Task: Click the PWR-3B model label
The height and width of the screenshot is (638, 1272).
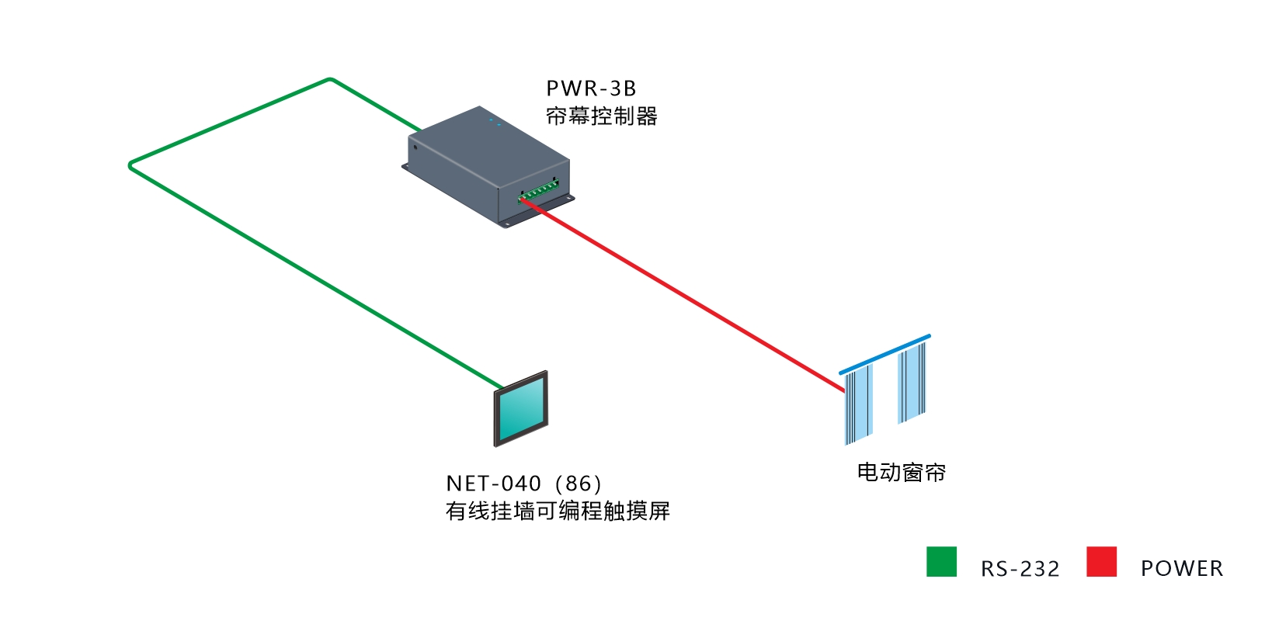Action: [590, 88]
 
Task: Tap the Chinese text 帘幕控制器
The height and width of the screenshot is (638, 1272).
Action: [601, 116]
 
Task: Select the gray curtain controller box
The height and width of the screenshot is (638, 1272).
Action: [488, 167]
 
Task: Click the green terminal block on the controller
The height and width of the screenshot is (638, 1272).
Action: [538, 190]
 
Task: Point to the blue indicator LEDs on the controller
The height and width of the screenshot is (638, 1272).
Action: [495, 122]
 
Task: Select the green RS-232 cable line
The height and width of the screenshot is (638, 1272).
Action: [130, 166]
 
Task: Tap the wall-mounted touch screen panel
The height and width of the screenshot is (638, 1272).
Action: [521, 409]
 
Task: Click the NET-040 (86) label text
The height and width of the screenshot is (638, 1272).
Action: [523, 484]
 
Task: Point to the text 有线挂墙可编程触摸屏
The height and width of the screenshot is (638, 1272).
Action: [558, 511]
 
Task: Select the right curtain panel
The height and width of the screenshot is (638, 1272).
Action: [912, 383]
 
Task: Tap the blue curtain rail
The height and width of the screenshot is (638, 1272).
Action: [884, 354]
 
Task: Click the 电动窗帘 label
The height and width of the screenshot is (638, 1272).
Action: [901, 472]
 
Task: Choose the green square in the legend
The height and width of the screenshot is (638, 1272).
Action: [941, 561]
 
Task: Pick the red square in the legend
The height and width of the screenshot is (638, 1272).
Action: [1102, 561]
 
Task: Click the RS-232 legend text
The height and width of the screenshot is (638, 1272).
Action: [1020, 568]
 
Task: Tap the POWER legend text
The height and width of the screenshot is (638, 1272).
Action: [1182, 568]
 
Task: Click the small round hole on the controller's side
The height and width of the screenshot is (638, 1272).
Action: [415, 147]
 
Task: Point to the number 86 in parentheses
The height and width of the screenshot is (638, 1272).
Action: [579, 484]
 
